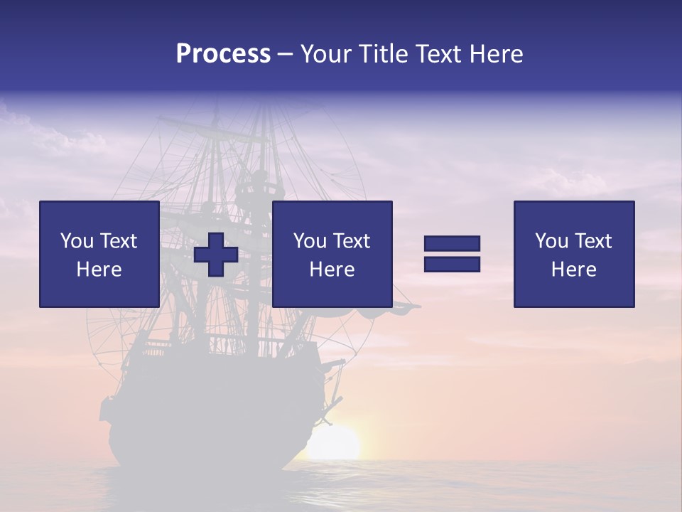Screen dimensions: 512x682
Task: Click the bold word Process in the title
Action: [223, 54]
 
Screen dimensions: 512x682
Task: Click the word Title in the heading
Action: [383, 54]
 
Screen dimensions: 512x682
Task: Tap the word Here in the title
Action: [496, 54]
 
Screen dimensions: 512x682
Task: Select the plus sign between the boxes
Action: [216, 255]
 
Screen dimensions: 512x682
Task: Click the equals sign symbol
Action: [452, 254]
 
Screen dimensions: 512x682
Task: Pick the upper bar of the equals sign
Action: [452, 244]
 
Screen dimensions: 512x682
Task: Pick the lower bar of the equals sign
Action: [452, 264]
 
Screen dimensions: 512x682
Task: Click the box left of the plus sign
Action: [99, 255]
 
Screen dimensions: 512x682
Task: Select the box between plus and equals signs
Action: [332, 255]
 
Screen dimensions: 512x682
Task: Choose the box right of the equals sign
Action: [574, 255]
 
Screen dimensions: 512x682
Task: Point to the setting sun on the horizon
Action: [332, 444]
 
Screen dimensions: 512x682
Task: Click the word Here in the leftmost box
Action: [99, 270]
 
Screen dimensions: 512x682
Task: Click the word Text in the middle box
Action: [351, 241]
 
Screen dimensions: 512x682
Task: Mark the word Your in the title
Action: [324, 54]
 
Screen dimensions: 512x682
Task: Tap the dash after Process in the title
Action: [285, 54]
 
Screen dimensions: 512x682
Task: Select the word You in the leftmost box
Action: [77, 241]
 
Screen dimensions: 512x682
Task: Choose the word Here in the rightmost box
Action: [574, 270]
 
